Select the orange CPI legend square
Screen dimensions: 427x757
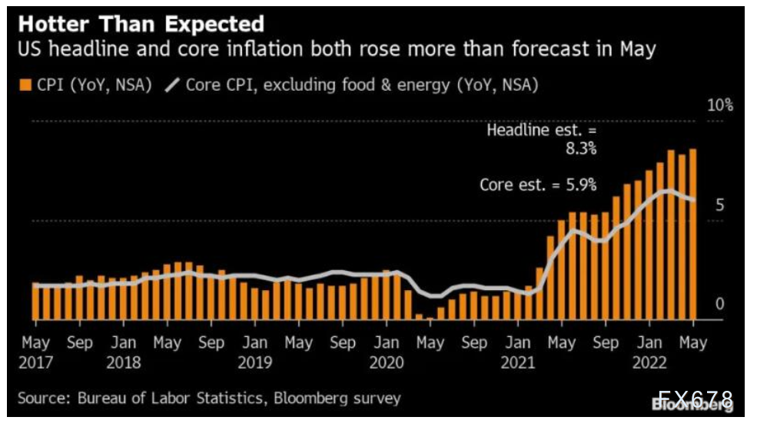[x=25, y=85]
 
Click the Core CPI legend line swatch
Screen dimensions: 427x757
[x=171, y=85]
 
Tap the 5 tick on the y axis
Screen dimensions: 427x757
[x=719, y=205]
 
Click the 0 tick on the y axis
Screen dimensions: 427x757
[x=719, y=305]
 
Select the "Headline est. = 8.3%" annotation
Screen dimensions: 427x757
[x=541, y=139]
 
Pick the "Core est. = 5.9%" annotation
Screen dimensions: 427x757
[x=537, y=185]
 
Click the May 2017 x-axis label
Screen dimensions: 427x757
[x=35, y=351]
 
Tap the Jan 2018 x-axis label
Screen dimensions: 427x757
[x=123, y=351]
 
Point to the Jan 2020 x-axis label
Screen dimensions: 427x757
[x=387, y=351]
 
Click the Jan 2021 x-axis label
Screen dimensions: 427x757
[x=518, y=351]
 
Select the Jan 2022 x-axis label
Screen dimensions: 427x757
[x=649, y=351]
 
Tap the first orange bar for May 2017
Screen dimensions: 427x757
[x=35, y=302]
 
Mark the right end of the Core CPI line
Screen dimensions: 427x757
[x=694, y=200]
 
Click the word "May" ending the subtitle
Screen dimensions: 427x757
[x=636, y=50]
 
